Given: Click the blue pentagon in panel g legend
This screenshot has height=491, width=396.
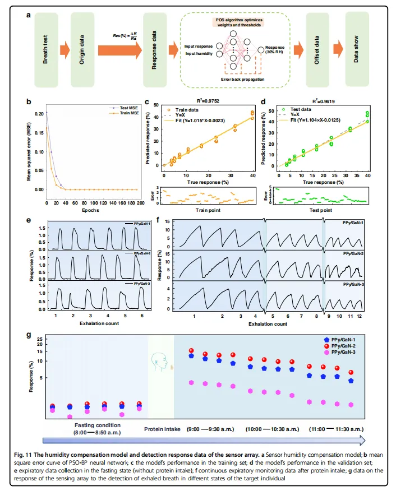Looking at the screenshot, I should (328, 340).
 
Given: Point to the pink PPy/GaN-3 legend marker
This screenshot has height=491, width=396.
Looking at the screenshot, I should (328, 353).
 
